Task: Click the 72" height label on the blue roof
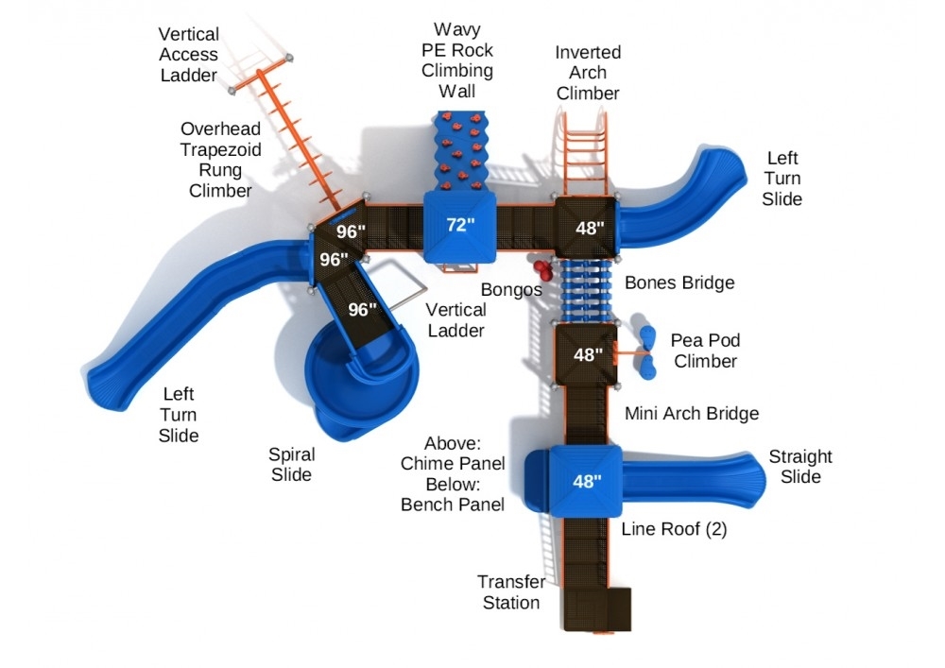tap(460, 225)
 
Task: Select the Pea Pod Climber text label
tap(705, 350)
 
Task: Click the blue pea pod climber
tap(648, 352)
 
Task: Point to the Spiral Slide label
tap(291, 465)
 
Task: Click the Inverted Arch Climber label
tap(588, 73)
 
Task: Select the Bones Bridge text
tap(679, 283)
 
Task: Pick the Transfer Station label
tap(511, 592)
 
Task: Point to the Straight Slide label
tap(800, 467)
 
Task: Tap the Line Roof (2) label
tap(674, 529)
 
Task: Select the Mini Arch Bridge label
tap(692, 413)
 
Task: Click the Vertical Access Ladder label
tap(188, 55)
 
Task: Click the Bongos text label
tap(511, 288)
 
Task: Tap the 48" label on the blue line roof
tap(587, 481)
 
